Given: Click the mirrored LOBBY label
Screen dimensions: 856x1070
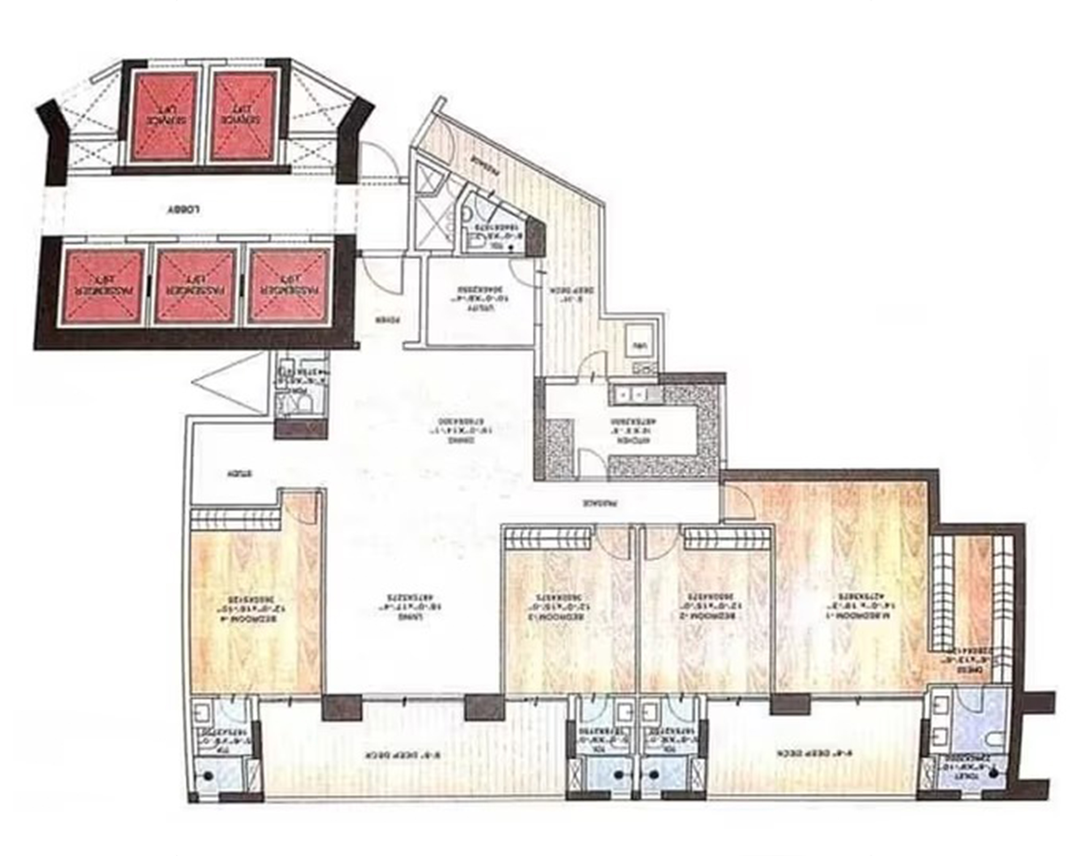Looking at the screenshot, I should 185,210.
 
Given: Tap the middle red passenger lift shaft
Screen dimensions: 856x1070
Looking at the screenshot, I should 196,287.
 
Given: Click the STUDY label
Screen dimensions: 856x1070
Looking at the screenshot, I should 239,474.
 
